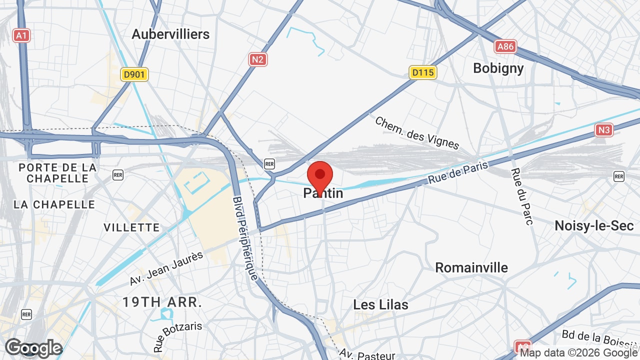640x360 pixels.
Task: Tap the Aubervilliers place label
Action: [170, 34]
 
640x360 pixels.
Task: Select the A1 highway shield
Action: [21, 35]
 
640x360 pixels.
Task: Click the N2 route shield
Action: [258, 59]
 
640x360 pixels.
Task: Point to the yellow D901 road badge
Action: [134, 74]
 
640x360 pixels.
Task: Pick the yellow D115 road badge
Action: [423, 72]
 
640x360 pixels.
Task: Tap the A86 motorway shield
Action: [505, 47]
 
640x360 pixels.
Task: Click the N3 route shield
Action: [604, 130]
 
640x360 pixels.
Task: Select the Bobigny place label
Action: [498, 68]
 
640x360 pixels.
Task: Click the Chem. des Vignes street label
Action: [416, 133]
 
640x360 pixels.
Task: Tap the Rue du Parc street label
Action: [520, 196]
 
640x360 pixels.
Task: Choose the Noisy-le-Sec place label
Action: [594, 225]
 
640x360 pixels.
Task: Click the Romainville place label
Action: [471, 267]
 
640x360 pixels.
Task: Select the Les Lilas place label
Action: [380, 304]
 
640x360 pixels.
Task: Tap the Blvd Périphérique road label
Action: [245, 237]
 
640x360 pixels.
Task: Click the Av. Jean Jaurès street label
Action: [167, 268]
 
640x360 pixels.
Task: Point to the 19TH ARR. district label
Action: [162, 302]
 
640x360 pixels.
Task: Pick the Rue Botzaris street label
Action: [178, 336]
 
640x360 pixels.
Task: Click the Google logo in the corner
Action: [33, 348]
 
